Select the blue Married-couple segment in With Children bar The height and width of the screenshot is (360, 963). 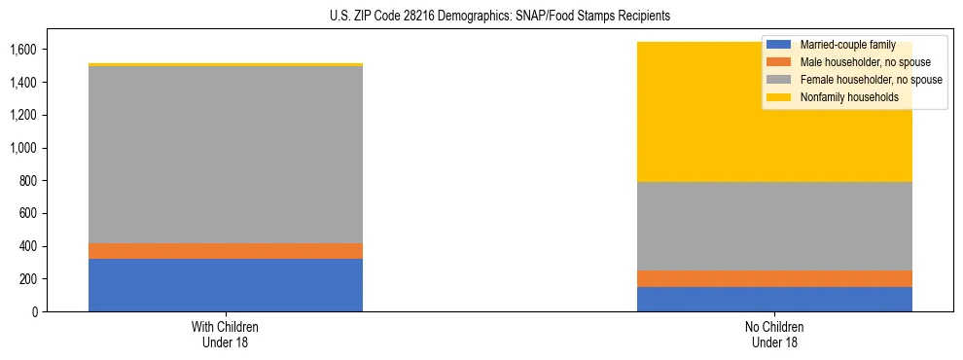[x=226, y=285]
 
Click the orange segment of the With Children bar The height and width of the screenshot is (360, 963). [x=226, y=251]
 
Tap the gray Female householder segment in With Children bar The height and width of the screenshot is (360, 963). [x=226, y=155]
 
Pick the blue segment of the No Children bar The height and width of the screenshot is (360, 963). [x=774, y=300]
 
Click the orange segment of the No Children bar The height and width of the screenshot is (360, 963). [x=774, y=279]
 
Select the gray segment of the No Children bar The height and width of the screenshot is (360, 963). [x=774, y=227]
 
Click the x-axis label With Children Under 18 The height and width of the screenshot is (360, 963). [x=226, y=334]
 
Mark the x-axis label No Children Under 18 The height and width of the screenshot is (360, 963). [x=774, y=334]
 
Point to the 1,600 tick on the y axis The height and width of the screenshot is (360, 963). [x=23, y=50]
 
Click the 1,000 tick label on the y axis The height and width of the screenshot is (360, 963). [x=23, y=148]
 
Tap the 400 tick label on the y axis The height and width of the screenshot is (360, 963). [x=28, y=246]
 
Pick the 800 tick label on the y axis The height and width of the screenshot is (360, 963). [x=28, y=181]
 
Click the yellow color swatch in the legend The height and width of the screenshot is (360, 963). [x=779, y=97]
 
